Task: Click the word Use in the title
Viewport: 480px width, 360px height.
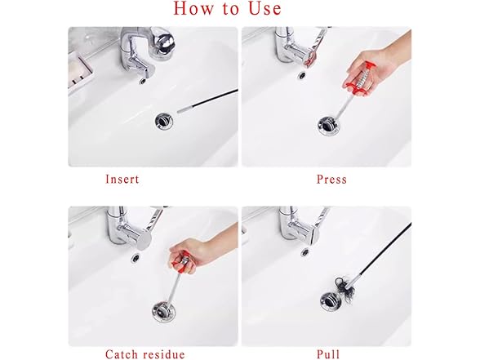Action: point(263,9)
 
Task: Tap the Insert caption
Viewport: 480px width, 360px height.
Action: point(122,180)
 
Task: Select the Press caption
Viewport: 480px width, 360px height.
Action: point(331,180)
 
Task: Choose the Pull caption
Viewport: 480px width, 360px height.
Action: point(328,354)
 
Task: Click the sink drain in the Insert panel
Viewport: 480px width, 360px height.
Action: point(162,120)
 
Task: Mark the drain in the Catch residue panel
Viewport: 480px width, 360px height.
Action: point(162,310)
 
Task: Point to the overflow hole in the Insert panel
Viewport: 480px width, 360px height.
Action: point(144,81)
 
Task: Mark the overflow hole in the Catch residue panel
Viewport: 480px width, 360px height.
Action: point(134,256)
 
